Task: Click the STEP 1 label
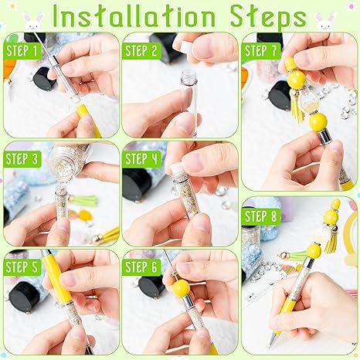tap(22, 51)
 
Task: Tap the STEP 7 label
tap(261, 51)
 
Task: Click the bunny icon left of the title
tap(32, 19)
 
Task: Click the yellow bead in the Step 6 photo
tap(181, 288)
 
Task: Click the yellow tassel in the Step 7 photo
tap(297, 104)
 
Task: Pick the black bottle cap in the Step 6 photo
tap(150, 287)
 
